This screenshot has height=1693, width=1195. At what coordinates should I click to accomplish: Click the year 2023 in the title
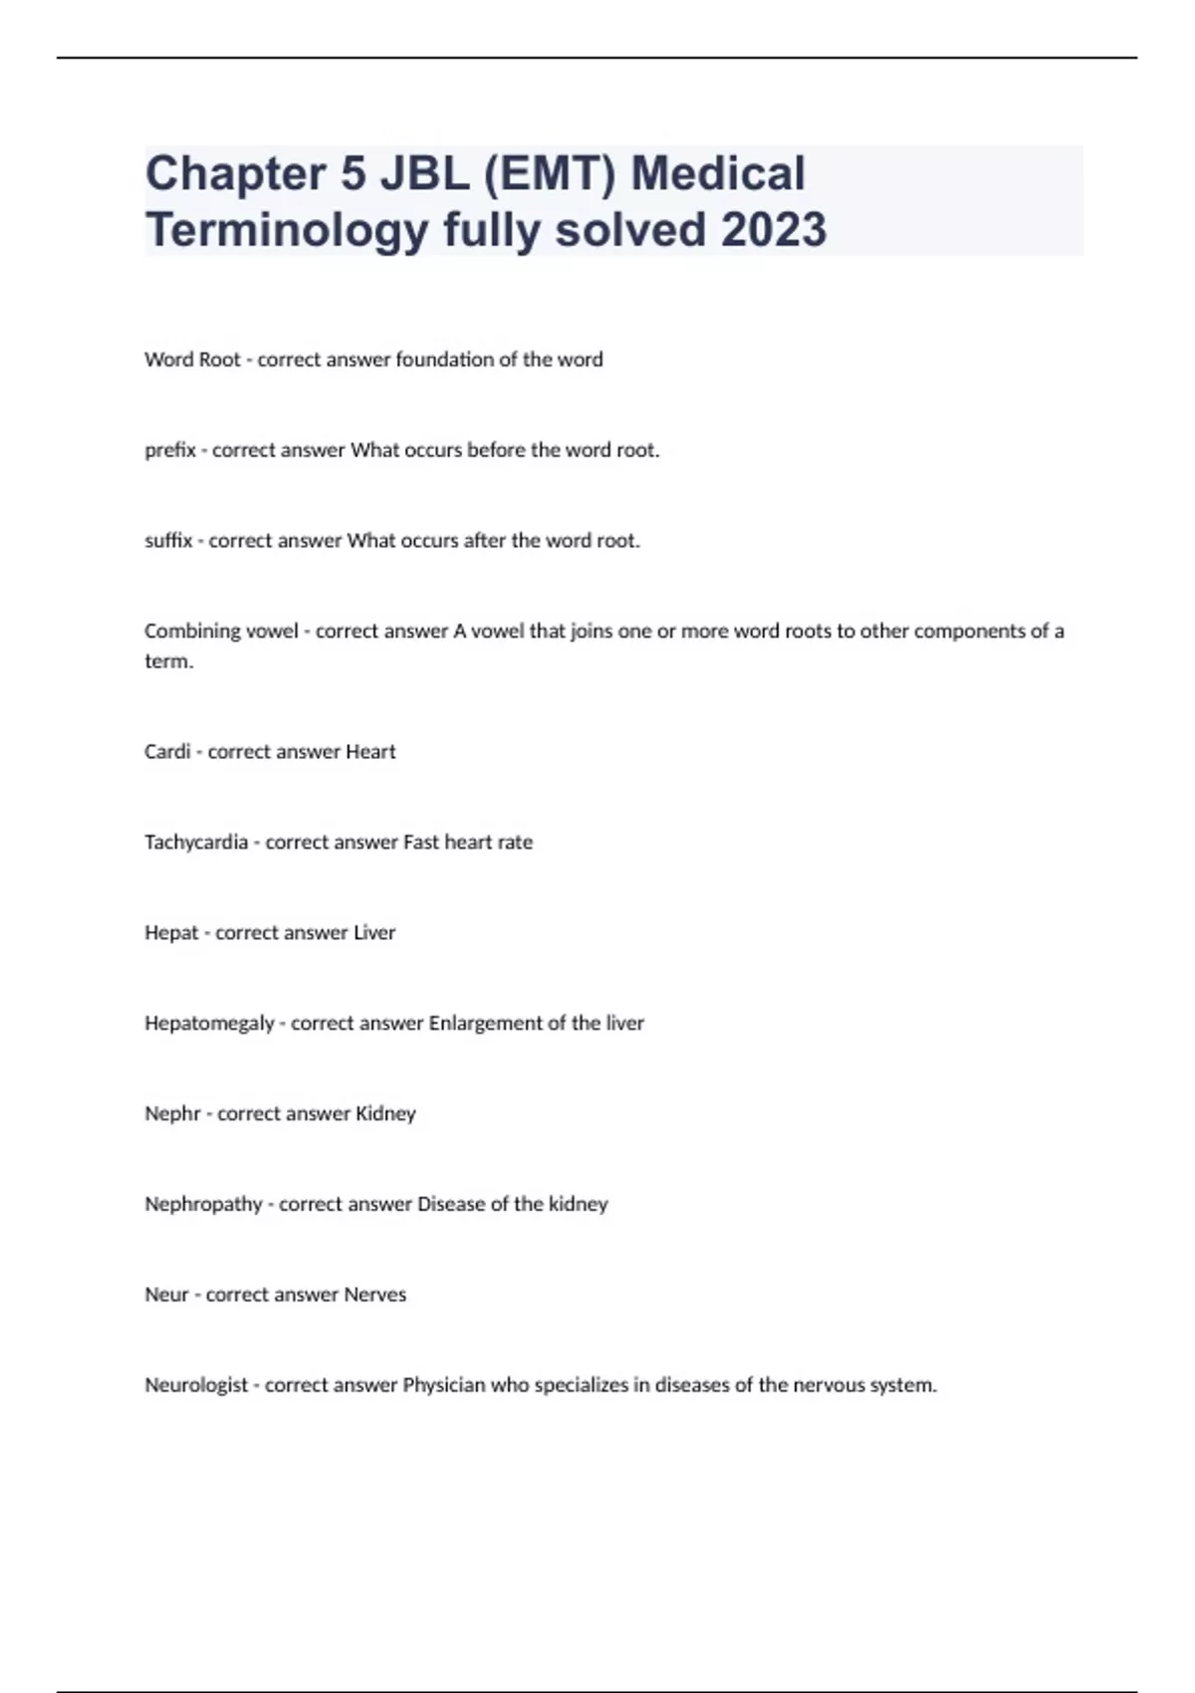(773, 229)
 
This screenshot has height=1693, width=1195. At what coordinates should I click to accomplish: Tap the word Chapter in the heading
(235, 173)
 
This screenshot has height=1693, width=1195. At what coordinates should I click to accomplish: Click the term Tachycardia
(196, 843)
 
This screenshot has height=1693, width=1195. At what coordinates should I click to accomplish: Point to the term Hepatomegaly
(209, 1024)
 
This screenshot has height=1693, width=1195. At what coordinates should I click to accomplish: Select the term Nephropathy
(203, 1204)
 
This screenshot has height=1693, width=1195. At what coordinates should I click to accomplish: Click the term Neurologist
(196, 1385)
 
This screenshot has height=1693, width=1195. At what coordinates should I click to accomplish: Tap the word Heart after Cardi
(370, 752)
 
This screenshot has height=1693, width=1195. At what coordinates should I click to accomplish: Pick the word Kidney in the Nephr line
(385, 1113)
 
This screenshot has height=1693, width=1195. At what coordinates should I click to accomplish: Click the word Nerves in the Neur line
(374, 1295)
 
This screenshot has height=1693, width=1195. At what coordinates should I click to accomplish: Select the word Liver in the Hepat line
(374, 933)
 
